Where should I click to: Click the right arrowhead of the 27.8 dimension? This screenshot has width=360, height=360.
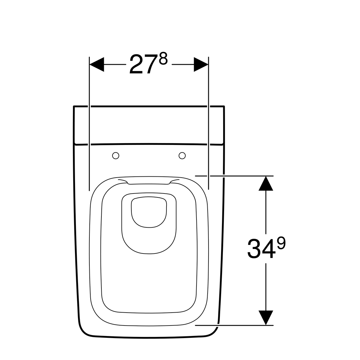[201, 64]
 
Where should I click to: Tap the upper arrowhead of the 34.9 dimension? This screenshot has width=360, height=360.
[266, 184]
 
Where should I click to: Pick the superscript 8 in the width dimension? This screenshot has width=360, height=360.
[163, 59]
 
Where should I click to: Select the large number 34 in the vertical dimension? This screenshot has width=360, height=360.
[261, 249]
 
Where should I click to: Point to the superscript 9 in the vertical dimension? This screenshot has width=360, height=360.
[281, 243]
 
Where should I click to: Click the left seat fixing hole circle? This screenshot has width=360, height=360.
[115, 156]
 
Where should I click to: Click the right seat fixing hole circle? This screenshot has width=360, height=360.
[182, 156]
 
